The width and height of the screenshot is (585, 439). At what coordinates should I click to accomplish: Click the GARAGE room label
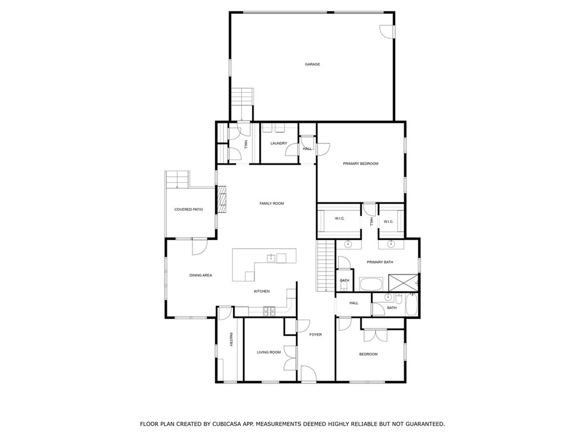[312, 64]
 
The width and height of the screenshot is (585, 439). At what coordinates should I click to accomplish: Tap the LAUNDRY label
[279, 143]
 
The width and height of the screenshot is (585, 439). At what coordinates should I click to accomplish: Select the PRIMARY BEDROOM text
[361, 163]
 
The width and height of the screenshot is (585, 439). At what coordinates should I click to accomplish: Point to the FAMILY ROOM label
[271, 203]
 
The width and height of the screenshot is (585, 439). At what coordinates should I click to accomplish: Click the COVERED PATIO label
[189, 209]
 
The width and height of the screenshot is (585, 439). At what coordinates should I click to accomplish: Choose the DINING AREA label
[201, 275]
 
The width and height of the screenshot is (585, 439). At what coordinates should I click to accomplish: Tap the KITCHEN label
[262, 291]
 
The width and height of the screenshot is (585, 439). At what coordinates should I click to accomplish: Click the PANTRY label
[231, 340]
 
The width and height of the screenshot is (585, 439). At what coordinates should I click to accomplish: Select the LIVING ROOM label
[269, 352]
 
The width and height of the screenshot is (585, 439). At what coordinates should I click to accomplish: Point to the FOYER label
[315, 334]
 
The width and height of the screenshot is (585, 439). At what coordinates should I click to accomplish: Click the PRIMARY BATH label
[380, 262]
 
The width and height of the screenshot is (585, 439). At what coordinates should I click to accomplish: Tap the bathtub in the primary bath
[371, 284]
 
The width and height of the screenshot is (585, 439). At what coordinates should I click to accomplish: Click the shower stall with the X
[403, 282]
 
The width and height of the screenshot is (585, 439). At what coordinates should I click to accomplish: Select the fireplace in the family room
[222, 199]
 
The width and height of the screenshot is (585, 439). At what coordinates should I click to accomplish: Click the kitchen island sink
[271, 258]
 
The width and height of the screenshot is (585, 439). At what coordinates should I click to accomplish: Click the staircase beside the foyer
[325, 266]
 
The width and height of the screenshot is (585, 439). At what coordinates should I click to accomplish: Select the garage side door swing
[387, 31]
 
